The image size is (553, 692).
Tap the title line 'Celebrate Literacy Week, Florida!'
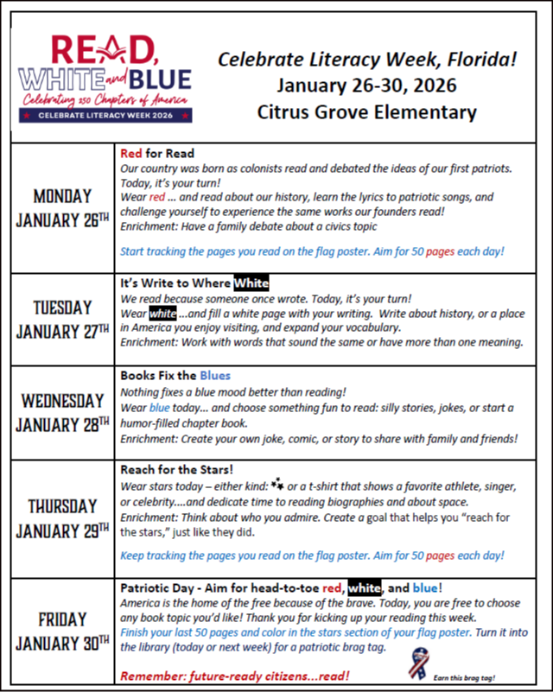[x=367, y=60]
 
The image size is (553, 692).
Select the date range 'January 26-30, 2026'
[x=366, y=86]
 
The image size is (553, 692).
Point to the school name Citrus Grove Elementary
[x=366, y=111]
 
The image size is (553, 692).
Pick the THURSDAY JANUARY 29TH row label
[x=62, y=517]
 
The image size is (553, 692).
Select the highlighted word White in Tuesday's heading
[x=251, y=283]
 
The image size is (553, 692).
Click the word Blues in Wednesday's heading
[x=215, y=376]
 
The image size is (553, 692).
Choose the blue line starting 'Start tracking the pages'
[x=312, y=251]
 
